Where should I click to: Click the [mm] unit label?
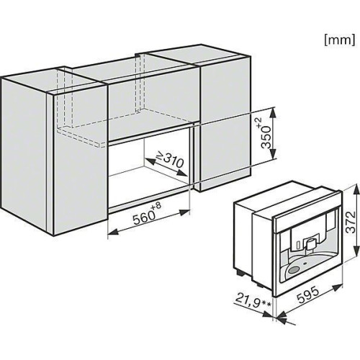click(339, 40)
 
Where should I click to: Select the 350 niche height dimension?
click(266, 137)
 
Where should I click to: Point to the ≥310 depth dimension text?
click(170, 160)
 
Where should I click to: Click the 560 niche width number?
click(143, 217)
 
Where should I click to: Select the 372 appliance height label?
click(351, 222)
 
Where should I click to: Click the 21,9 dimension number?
click(248, 300)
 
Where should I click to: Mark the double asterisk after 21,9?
click(266, 305)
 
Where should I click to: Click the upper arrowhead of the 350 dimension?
click(273, 112)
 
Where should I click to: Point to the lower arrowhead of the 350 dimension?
click(273, 154)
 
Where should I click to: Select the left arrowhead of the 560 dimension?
click(112, 232)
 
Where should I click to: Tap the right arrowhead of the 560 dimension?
click(184, 212)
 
